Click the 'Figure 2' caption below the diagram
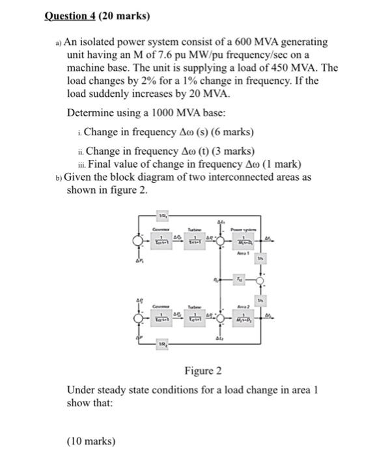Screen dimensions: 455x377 [x=203, y=371]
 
